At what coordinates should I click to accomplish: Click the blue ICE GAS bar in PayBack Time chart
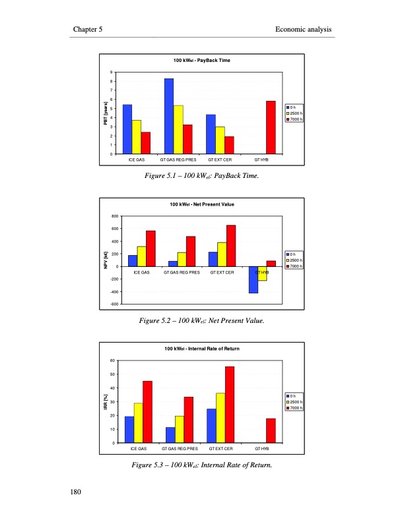(127, 129)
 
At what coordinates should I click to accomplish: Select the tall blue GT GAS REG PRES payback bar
(169, 116)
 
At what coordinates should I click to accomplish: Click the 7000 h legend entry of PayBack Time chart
(294, 119)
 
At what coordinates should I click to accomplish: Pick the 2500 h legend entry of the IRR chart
(294, 401)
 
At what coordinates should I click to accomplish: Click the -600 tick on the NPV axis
(114, 304)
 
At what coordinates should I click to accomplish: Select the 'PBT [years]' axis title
(106, 113)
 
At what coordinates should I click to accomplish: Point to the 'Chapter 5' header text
(87, 30)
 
